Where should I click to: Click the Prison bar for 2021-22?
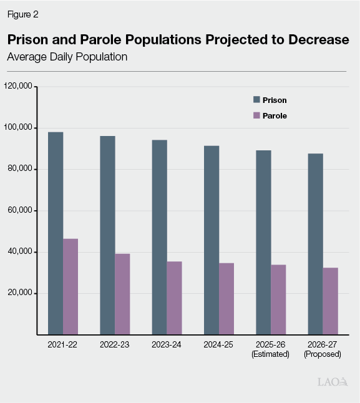[56, 233]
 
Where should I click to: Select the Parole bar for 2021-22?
[71, 286]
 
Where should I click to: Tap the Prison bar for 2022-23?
[107, 235]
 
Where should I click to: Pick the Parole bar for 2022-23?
[122, 294]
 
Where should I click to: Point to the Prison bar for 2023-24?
[160, 237]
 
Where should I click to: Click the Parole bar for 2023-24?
[175, 298]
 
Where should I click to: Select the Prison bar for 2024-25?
[212, 240]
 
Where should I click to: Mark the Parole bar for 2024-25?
[226, 299]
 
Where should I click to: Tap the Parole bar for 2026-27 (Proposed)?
[331, 301]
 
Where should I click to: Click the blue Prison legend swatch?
[256, 100]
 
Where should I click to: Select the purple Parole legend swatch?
[256, 115]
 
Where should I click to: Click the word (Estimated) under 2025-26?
[271, 354]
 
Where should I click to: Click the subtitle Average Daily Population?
[67, 57]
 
